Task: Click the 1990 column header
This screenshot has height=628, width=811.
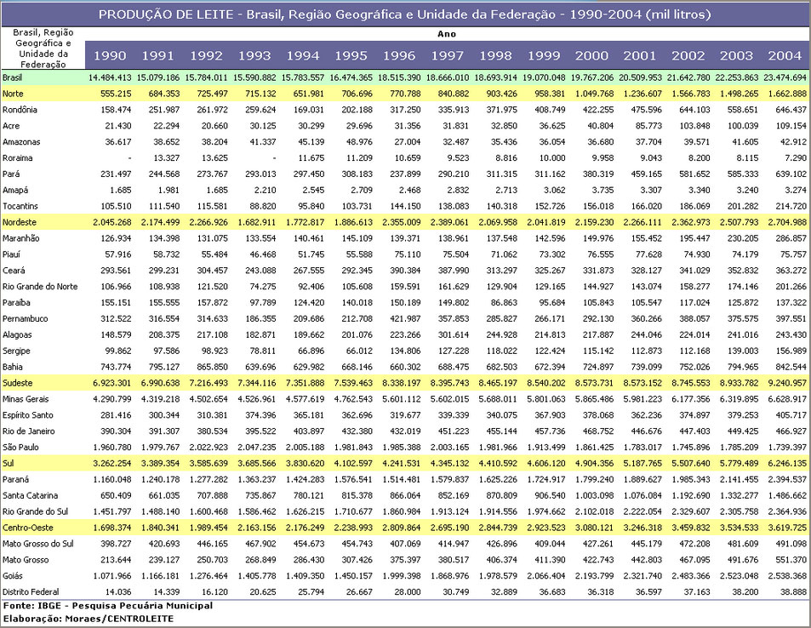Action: [110, 55]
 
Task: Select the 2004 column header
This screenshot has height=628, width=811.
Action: [785, 55]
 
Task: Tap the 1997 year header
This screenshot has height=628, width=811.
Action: [448, 55]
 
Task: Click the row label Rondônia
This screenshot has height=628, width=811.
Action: [20, 110]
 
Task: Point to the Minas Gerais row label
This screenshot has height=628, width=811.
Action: [26, 399]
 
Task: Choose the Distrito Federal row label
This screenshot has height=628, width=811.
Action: [31, 591]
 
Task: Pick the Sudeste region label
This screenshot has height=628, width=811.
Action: [17, 383]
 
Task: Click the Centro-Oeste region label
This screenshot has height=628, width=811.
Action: [27, 528]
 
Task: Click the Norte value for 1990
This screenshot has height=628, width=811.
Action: [116, 94]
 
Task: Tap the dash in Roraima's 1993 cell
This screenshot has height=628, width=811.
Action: [274, 158]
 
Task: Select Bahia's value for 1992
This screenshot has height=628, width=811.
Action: [212, 367]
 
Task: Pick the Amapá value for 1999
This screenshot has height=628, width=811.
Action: [554, 190]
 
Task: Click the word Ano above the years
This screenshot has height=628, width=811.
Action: [447, 34]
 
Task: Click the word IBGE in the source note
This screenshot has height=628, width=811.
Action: [43, 606]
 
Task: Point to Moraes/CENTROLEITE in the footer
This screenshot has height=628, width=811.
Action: [119, 618]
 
